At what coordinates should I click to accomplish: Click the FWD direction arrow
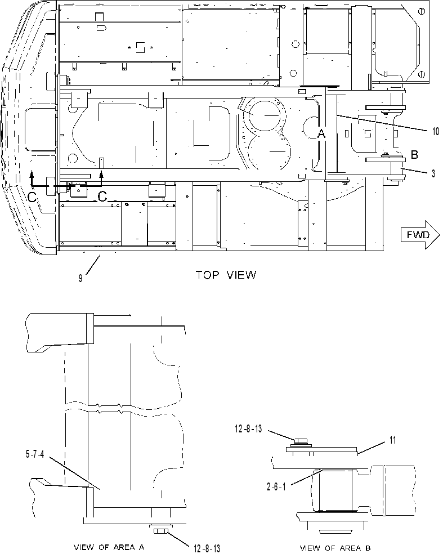tap(420, 235)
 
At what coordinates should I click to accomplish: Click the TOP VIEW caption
tap(226, 275)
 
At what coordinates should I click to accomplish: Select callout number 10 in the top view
tap(436, 131)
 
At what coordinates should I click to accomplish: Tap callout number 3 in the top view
tap(433, 173)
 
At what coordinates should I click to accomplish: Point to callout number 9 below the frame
tap(80, 279)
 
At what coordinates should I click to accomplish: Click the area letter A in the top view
tap(321, 133)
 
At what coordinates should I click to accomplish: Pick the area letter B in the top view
tap(414, 154)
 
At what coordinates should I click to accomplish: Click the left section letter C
tap(32, 198)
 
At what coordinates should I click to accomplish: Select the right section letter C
tap(102, 196)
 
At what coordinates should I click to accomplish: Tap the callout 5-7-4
tap(35, 454)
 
